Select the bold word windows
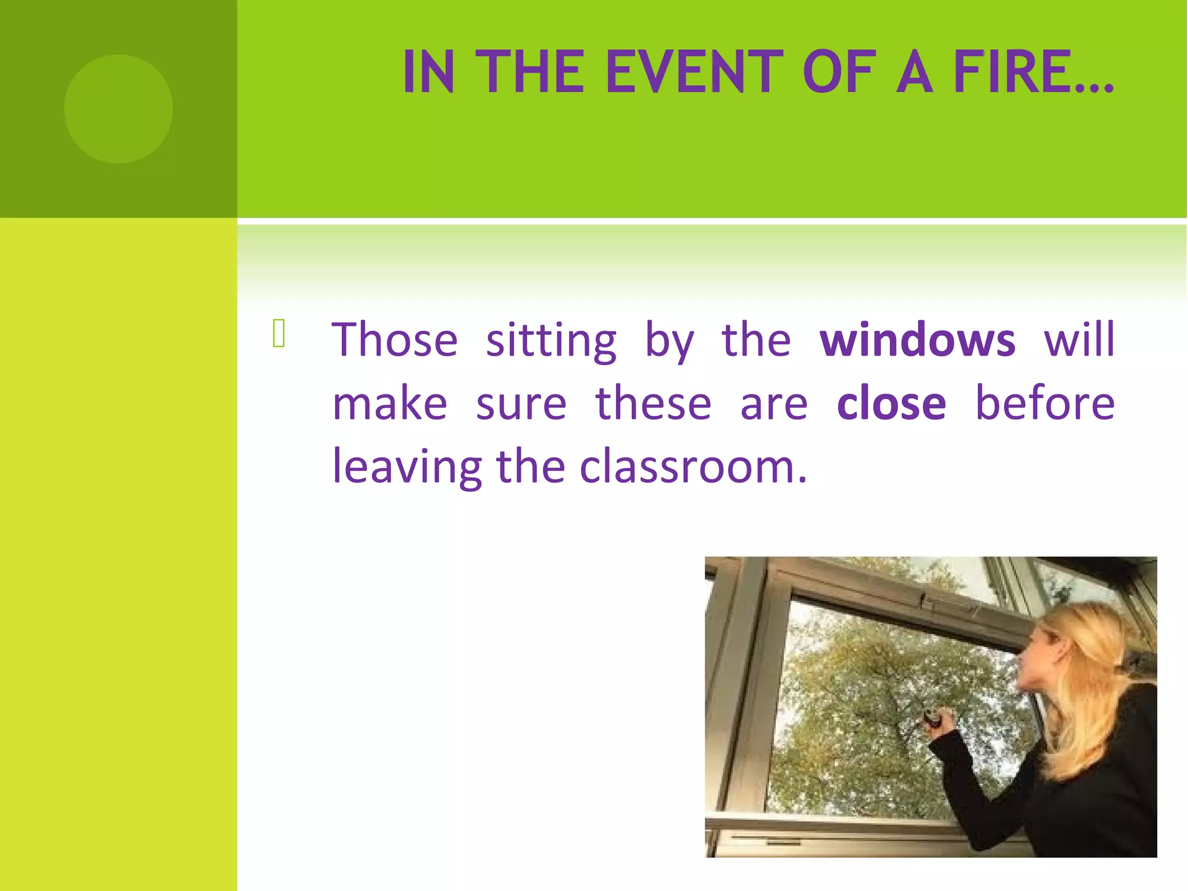[917, 340]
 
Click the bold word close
[891, 403]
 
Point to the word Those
[394, 340]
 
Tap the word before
[1044, 403]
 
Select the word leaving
[406, 468]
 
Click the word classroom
[693, 466]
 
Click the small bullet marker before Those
[279, 334]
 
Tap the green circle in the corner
[118, 108]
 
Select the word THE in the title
[533, 72]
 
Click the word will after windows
[1079, 340]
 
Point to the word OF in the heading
[839, 72]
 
